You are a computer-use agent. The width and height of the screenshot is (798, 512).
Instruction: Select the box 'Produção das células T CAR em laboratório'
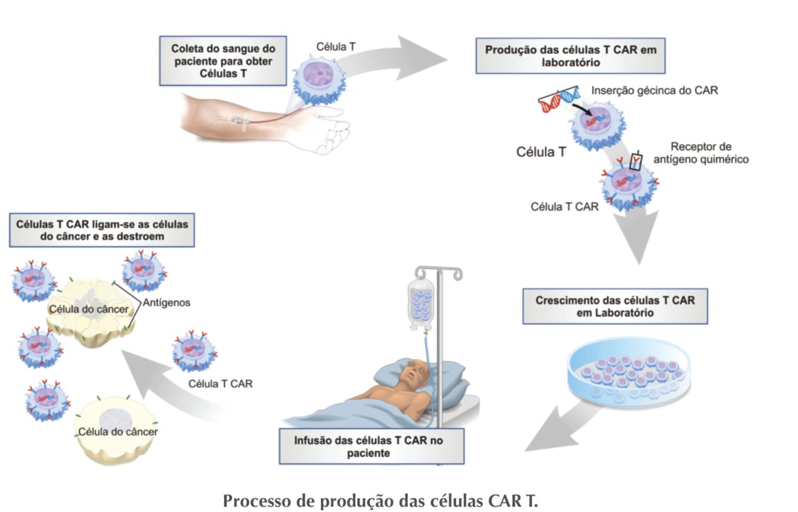pos(570,55)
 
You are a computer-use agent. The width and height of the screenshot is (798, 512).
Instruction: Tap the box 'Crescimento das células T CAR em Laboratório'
pos(615,306)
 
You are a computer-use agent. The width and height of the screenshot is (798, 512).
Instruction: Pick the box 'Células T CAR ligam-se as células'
pos(102,230)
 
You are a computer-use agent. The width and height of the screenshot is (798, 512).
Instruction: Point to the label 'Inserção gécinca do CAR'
pos(654,91)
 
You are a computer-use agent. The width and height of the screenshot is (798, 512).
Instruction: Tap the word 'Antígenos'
pos(166,303)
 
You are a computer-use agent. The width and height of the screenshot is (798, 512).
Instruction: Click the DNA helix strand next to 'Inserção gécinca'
pos(559,99)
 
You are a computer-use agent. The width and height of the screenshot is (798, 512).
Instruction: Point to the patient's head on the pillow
pos(412,373)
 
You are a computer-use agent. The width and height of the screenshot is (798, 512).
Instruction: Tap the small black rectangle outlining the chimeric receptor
pos(637,162)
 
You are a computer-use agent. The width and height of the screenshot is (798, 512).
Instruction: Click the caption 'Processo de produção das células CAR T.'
pos(380,499)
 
